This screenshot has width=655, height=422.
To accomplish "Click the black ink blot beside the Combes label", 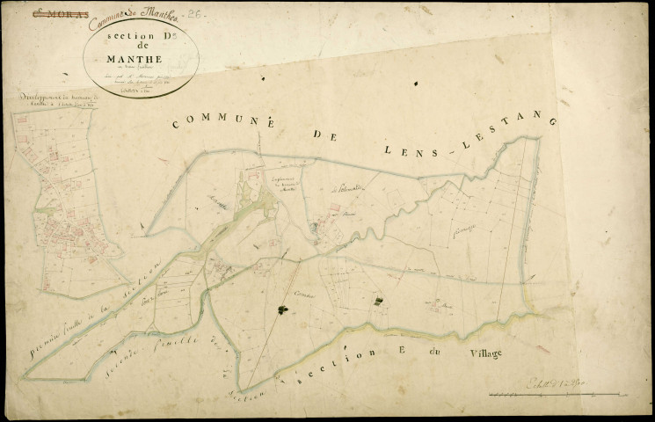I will [x=283, y=309].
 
